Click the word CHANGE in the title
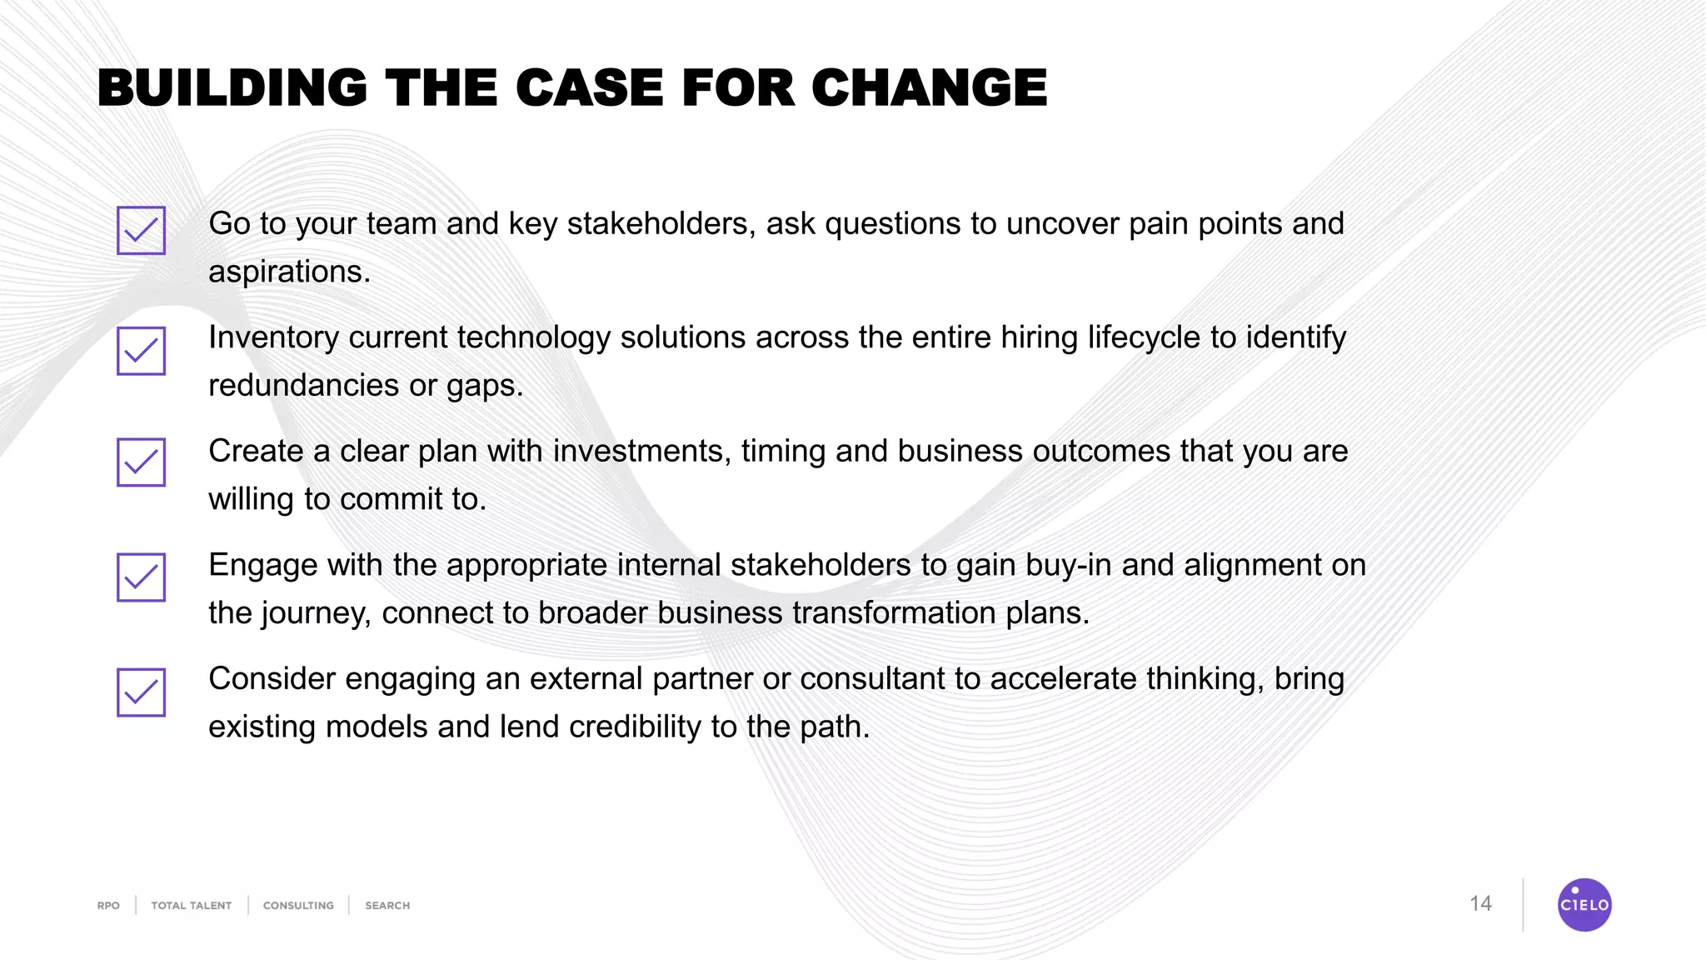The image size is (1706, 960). point(929,87)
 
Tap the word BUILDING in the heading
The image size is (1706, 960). point(232,87)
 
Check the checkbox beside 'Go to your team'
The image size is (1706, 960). point(141,230)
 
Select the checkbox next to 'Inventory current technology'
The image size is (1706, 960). point(141,351)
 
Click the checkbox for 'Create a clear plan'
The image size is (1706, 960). point(141,462)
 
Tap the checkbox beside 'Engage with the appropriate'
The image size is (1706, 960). point(141,577)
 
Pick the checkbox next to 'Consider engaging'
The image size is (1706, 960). point(141,692)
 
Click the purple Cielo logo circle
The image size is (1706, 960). point(1584,904)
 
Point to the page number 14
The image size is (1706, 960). point(1480,904)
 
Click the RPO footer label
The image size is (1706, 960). point(108,906)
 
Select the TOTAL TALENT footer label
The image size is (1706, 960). point(191,906)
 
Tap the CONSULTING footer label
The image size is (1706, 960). point(298,906)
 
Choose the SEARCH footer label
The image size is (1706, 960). point(387,906)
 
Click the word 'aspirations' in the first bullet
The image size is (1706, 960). point(286,272)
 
